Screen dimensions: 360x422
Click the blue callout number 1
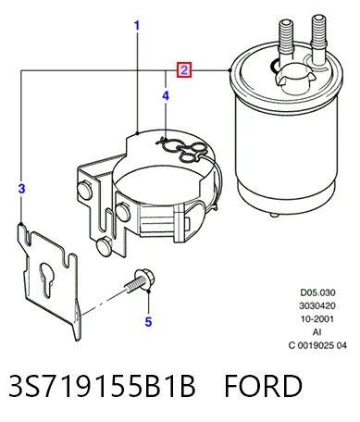click(137, 25)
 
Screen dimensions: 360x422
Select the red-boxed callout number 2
click(184, 70)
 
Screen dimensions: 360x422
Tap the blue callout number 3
click(21, 188)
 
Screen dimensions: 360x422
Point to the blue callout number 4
click(166, 96)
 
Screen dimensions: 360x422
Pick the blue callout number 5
click(148, 322)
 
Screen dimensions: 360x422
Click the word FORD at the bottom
click(263, 386)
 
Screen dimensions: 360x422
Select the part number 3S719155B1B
click(102, 386)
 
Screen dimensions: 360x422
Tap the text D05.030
click(317, 292)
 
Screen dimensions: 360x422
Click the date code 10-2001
click(317, 318)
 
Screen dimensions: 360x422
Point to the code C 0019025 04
click(317, 345)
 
